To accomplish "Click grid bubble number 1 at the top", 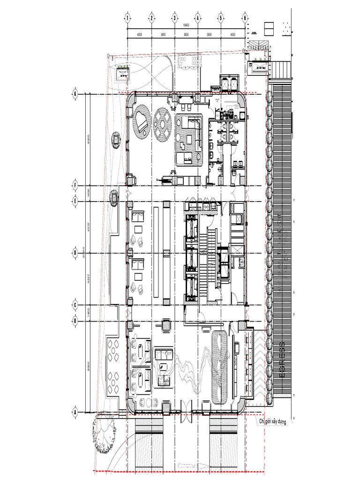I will point(127,18).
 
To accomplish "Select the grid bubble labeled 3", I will point(174,18).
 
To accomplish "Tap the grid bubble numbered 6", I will point(245,18).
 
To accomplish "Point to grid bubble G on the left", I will point(75,94).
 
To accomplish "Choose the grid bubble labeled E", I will point(75,202).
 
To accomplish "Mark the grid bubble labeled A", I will point(75,412).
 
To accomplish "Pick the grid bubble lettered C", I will point(75,305).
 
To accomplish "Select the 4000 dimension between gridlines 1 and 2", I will point(139,35).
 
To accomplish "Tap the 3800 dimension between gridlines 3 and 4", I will point(186,35).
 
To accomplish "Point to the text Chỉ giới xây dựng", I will point(279,422).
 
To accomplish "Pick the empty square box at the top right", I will point(269,28).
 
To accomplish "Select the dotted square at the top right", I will point(286,28).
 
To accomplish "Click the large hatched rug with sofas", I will point(189,140).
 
